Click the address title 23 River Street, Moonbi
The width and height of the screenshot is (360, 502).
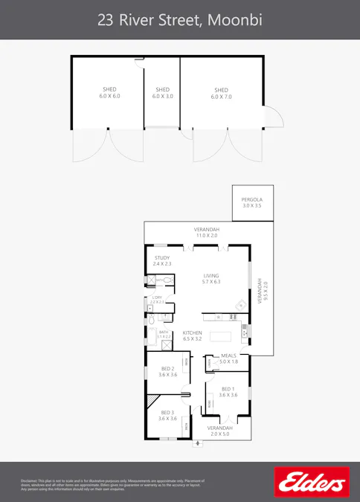click(x=179, y=19)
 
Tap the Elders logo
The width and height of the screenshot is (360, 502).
click(x=311, y=481)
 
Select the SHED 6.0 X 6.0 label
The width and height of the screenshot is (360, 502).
click(x=109, y=93)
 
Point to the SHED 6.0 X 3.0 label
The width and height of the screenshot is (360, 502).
click(x=162, y=93)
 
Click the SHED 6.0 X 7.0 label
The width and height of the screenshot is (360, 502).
click(x=222, y=93)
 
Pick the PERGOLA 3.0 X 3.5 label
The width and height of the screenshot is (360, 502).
click(x=251, y=202)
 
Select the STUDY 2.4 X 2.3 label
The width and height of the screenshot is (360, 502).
click(x=162, y=261)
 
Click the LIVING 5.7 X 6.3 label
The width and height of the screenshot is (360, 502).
click(x=211, y=279)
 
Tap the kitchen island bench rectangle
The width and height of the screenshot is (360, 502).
click(x=221, y=336)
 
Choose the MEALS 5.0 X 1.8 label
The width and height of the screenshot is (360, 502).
click(x=228, y=358)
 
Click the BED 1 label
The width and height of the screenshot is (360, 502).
click(x=228, y=392)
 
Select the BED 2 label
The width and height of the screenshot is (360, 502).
click(x=167, y=372)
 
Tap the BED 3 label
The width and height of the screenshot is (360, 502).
click(x=167, y=416)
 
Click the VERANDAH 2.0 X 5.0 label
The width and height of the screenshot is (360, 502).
click(x=219, y=431)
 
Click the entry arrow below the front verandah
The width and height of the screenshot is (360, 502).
click(x=198, y=444)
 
